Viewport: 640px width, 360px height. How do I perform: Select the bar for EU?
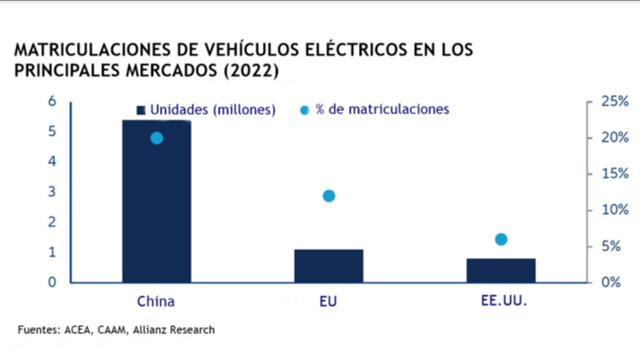click(329, 266)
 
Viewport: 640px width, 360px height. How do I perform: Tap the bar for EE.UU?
click(501, 270)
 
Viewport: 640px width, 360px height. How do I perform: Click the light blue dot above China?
click(157, 138)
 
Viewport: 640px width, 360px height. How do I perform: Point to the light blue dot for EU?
click(329, 196)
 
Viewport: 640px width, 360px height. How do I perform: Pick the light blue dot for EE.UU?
click(501, 239)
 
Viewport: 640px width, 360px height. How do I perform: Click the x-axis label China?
click(157, 302)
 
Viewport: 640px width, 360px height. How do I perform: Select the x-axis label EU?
click(329, 302)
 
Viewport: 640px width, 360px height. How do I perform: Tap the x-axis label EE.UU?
click(501, 302)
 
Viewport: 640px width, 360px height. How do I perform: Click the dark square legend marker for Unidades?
click(140, 110)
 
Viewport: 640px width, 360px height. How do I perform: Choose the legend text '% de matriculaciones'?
click(382, 110)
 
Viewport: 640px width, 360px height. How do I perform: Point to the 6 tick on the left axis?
click(52, 101)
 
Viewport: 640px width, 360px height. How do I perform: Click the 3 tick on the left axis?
click(52, 191)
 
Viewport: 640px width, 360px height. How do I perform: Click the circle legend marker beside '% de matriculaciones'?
click(304, 110)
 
